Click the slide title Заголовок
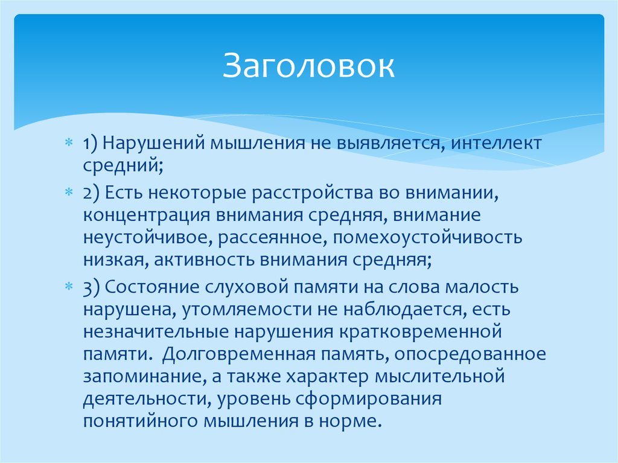pyautogui.click(x=309, y=66)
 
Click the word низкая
pyautogui.click(x=114, y=260)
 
